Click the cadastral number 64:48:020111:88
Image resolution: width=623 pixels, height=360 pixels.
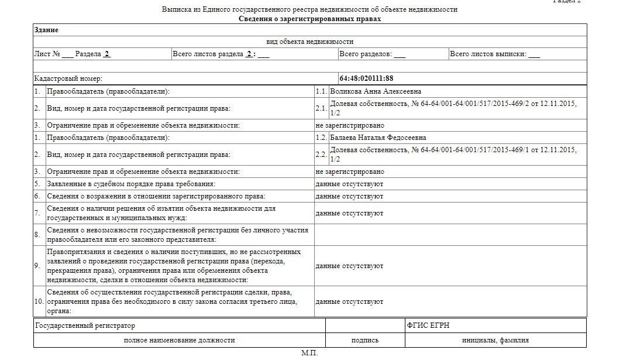click(366, 78)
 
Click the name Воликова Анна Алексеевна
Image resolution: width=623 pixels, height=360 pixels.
click(376, 92)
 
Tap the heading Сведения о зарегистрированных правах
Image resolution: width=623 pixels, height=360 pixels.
click(309, 19)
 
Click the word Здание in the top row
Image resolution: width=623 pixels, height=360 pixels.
click(47, 30)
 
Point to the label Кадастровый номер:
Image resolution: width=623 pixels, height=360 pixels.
click(68, 78)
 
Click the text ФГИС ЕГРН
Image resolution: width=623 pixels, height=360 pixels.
click(428, 325)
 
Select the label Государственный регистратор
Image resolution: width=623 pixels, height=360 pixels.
click(85, 325)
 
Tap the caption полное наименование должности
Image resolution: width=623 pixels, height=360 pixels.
click(179, 340)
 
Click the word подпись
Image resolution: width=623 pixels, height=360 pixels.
click(364, 340)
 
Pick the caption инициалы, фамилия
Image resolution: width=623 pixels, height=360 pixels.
click(495, 340)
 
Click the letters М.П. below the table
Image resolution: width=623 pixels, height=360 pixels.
click(309, 353)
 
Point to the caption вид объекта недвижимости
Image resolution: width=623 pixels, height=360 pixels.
click(309, 42)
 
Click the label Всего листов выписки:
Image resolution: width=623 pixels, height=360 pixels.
click(488, 54)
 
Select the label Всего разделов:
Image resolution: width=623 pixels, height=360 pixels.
click(366, 54)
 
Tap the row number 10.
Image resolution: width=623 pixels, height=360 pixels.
click(39, 301)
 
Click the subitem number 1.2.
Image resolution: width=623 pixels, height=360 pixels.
click(321, 138)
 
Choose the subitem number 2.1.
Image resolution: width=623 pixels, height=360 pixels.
click(321, 108)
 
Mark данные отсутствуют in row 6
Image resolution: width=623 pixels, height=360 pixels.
click(349, 196)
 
